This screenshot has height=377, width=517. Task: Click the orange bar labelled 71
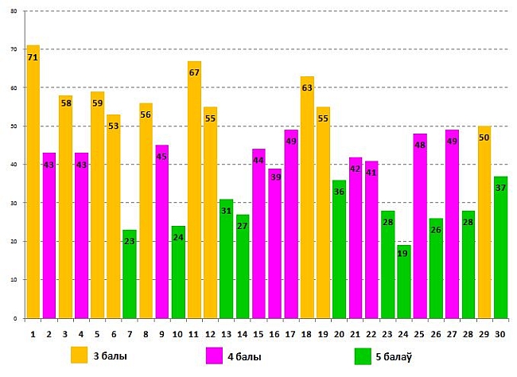(33, 183)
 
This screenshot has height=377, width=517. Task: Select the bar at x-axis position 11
(194, 191)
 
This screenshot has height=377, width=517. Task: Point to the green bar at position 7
(130, 274)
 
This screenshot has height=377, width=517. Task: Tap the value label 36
(340, 192)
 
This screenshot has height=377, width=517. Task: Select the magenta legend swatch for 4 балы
(214, 355)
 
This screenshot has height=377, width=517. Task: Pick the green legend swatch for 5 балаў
(363, 355)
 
